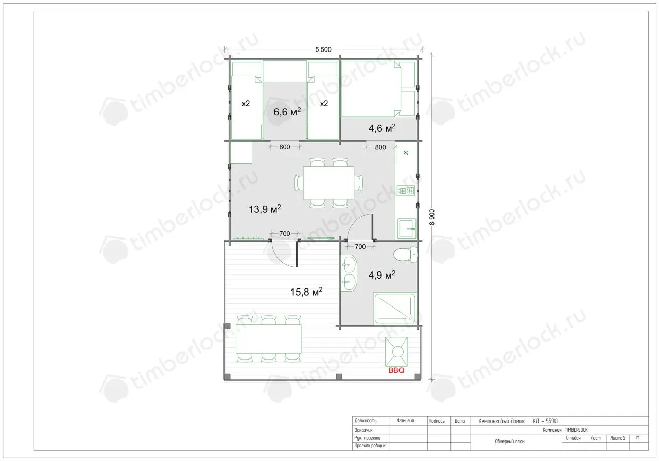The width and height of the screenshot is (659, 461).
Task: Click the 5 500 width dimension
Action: [x=323, y=49]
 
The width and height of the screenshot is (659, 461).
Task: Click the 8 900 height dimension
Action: [x=432, y=217]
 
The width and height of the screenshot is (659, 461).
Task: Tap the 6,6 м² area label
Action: [x=287, y=112]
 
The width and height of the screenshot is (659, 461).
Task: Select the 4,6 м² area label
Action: [x=382, y=128]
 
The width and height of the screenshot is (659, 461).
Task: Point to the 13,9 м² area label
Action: [x=265, y=209]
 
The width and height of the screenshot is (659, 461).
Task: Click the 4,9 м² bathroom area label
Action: [x=381, y=275]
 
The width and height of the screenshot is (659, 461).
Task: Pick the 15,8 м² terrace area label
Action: [x=306, y=292]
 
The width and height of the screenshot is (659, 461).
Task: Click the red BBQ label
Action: [x=396, y=370]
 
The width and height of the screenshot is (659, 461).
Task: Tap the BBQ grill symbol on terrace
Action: [x=396, y=351]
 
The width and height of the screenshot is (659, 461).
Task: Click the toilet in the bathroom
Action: [x=405, y=254]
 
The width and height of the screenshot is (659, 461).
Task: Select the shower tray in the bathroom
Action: [x=394, y=309]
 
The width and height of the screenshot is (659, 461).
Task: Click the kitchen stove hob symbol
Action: [x=406, y=191]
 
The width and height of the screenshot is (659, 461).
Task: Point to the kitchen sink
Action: [x=407, y=228]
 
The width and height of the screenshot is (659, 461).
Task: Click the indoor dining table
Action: [x=328, y=182]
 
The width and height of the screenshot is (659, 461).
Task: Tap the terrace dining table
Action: [x=268, y=338]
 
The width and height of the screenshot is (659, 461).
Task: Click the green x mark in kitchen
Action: [x=406, y=152]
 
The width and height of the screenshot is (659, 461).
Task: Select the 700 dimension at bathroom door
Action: [x=360, y=246]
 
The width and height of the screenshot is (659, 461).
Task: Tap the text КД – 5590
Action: [x=545, y=421]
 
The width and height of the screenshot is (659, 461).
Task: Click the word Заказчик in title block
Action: [x=363, y=430]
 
